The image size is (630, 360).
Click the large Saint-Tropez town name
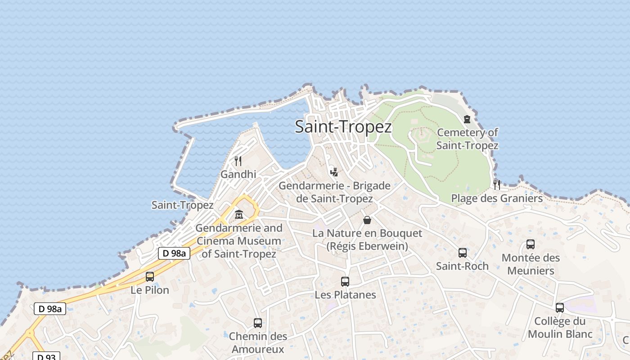(343, 126)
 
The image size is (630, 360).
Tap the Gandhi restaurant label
(238, 174)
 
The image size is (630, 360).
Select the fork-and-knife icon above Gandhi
(238, 161)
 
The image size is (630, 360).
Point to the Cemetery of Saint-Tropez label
(467, 139)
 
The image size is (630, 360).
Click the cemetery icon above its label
(467, 119)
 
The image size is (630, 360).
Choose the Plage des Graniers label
(497, 198)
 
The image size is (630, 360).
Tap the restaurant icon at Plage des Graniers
(496, 184)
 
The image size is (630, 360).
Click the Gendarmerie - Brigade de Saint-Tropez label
(334, 192)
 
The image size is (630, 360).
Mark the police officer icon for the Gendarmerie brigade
(333, 171)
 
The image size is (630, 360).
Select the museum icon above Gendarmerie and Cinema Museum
(239, 215)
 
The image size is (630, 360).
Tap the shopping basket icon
(367, 220)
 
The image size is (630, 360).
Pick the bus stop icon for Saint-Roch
(462, 253)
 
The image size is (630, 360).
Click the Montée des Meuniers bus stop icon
(531, 244)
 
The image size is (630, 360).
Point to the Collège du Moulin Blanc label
(560, 328)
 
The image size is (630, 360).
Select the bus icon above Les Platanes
(345, 282)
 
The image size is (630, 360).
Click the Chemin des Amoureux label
(258, 342)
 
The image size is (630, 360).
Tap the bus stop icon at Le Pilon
(150, 277)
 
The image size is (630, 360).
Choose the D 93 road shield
(46, 356)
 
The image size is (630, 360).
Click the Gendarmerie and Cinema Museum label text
(238, 241)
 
